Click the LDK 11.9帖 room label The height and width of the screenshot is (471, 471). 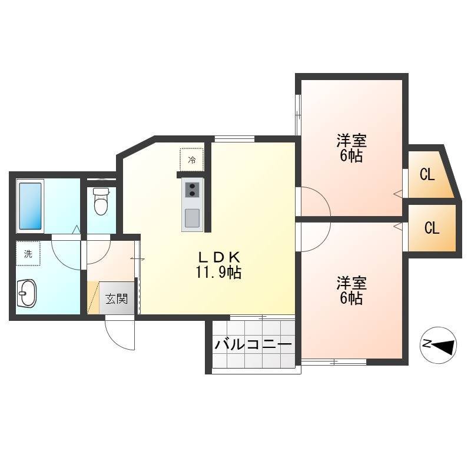(218, 265)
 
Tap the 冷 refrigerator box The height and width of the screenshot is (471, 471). (192, 160)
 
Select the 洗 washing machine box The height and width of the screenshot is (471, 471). (28, 254)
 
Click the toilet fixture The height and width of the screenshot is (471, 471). (101, 201)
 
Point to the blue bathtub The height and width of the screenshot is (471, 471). (31, 206)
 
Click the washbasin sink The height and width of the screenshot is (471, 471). (26, 293)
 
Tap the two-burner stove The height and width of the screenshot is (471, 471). (193, 190)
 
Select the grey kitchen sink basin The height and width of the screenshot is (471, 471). (193, 218)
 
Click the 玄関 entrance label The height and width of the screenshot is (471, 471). (117, 298)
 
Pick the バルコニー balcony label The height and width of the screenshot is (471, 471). (253, 344)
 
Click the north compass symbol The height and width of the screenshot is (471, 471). (438, 345)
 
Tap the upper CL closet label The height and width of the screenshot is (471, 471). (427, 174)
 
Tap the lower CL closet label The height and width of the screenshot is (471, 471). (432, 228)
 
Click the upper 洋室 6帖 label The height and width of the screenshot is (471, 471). (351, 148)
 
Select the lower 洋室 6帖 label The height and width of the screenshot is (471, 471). (351, 290)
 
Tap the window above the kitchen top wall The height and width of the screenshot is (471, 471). (234, 139)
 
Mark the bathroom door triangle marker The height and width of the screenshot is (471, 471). (77, 230)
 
